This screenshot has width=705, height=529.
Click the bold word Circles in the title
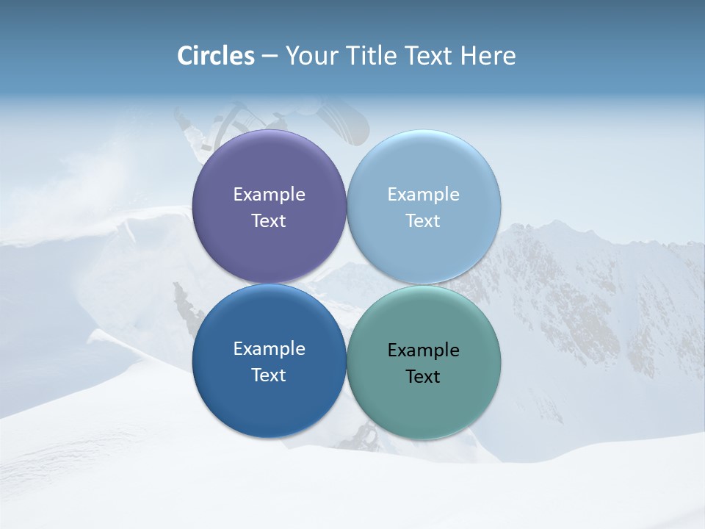pyautogui.click(x=216, y=56)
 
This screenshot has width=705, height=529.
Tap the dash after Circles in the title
pyautogui.click(x=270, y=57)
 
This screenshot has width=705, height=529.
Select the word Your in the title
pyautogui.click(x=308, y=56)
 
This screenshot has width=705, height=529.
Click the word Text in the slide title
pyautogui.click(x=430, y=56)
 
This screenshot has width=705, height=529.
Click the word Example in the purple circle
pyautogui.click(x=269, y=195)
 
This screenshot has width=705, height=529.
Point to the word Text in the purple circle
pyautogui.click(x=269, y=221)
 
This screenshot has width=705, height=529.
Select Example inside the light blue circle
pyautogui.click(x=423, y=195)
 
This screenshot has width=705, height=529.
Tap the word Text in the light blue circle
pyautogui.click(x=423, y=221)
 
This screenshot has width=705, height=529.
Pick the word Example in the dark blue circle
pyautogui.click(x=269, y=349)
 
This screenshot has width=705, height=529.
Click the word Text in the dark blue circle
pyautogui.click(x=269, y=375)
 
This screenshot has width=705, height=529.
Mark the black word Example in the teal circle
pyautogui.click(x=423, y=350)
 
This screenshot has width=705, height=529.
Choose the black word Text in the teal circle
pyautogui.click(x=423, y=377)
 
